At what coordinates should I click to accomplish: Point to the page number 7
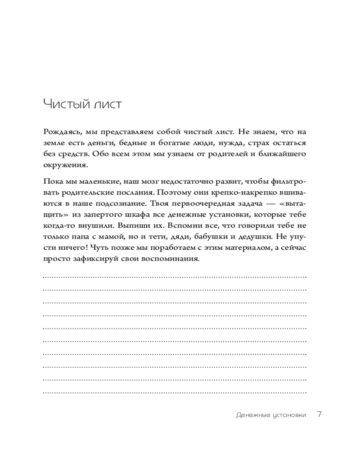point(319,414)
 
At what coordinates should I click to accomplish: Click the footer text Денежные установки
point(270,415)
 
